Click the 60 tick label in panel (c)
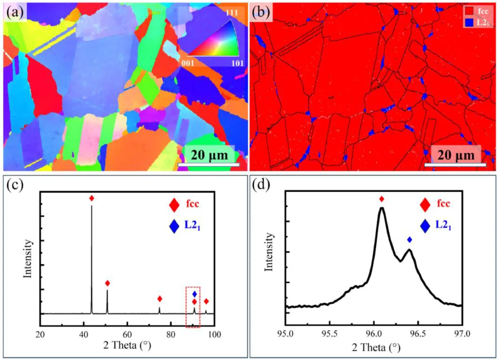point(127,334)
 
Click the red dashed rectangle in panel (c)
point(193,307)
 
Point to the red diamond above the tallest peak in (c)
point(91,198)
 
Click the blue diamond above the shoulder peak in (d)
point(409,240)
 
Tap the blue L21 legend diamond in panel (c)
point(174,227)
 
